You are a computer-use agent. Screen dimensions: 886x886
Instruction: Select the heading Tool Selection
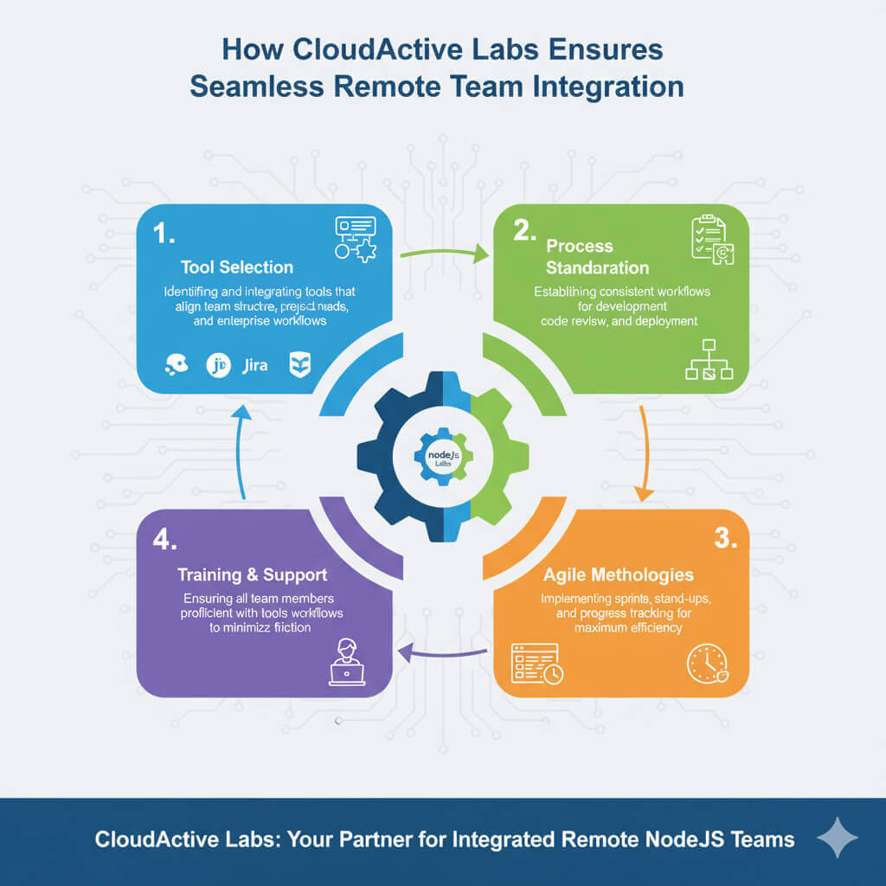coord(237,267)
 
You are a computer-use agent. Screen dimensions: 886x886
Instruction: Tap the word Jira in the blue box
coord(255,365)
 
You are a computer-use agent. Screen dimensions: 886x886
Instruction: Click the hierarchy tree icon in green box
coord(709,362)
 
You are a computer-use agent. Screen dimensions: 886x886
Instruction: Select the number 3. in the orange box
coord(725,537)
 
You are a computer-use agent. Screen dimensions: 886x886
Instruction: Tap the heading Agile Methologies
coord(618,575)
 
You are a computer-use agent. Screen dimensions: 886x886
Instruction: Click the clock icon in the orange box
coord(706,664)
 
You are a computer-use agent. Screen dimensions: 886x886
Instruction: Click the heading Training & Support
coord(253,575)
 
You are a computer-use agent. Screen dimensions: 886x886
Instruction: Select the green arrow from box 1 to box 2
coord(442,254)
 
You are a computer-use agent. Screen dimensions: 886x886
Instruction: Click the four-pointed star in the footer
coord(837,838)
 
